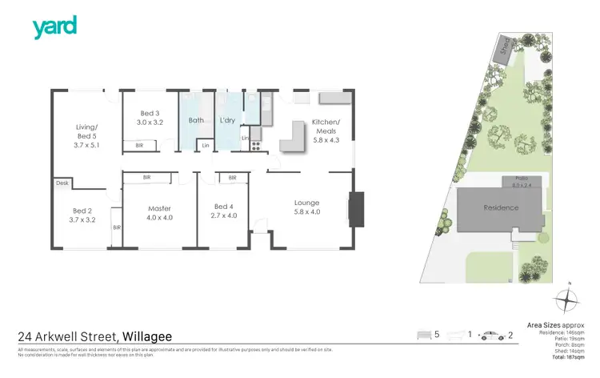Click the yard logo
(x=54, y=27)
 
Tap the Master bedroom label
(x=160, y=212)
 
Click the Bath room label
(x=196, y=121)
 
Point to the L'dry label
(x=228, y=121)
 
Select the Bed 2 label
(x=82, y=215)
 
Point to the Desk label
(x=62, y=183)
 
